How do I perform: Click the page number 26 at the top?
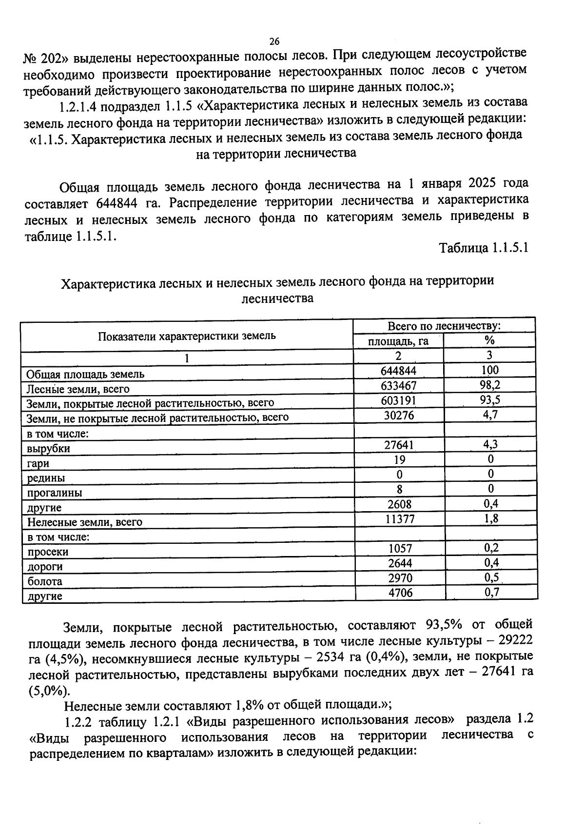[x=274, y=41]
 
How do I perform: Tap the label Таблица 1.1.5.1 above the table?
[x=484, y=248]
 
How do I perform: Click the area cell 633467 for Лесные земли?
[x=398, y=386]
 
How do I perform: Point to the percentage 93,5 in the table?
[x=489, y=400]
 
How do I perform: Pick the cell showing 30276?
[x=399, y=415]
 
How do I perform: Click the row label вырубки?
[x=49, y=448]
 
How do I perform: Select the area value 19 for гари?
[x=399, y=459]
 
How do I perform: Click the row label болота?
[x=45, y=581]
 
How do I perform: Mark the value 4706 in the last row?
[x=400, y=593]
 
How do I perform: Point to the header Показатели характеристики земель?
[x=187, y=336]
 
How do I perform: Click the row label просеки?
[x=48, y=552]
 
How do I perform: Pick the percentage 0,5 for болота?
[x=491, y=577]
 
